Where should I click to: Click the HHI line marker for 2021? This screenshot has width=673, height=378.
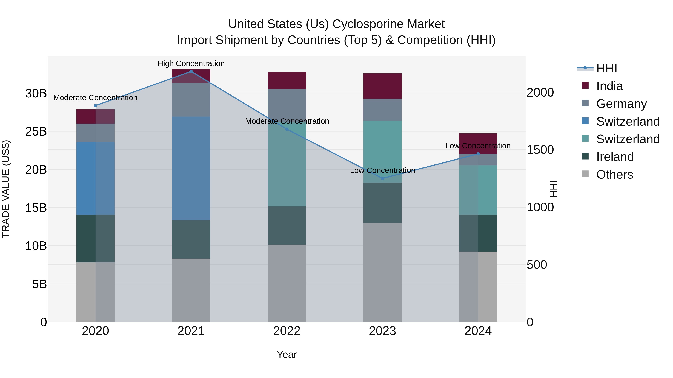(191, 71)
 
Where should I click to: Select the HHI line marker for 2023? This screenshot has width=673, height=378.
(382, 178)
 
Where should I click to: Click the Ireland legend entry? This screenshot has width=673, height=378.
(615, 157)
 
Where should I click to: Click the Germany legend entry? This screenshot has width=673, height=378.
(621, 104)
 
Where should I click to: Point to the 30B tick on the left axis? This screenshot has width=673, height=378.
(36, 93)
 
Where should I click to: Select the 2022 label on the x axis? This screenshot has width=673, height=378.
(287, 331)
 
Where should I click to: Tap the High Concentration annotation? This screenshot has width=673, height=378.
(191, 63)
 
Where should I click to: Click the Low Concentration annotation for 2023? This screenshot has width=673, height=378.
(382, 170)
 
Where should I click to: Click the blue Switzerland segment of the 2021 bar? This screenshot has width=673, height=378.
(191, 168)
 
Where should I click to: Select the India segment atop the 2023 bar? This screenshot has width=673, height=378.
(382, 86)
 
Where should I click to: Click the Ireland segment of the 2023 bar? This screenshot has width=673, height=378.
(382, 203)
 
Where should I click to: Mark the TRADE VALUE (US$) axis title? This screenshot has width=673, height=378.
(6, 189)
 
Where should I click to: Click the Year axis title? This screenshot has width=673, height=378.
(287, 354)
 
